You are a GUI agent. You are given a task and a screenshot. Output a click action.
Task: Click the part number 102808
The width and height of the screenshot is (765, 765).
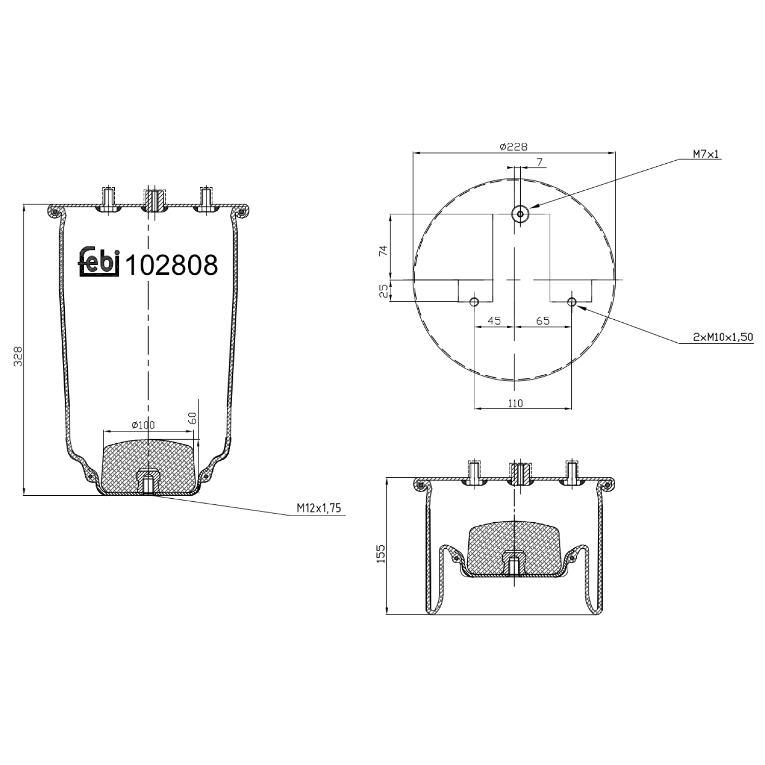click(x=171, y=265)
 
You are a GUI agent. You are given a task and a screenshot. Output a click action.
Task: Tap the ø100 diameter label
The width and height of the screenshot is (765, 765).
click(x=143, y=425)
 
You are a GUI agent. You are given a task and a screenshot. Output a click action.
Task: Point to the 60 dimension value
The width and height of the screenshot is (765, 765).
click(x=193, y=419)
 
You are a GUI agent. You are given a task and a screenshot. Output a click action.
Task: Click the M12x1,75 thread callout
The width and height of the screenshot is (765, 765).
click(x=319, y=508)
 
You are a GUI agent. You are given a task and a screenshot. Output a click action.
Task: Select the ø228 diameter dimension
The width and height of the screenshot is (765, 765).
click(x=514, y=147)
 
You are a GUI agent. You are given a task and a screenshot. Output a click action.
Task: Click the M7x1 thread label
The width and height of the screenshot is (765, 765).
click(x=706, y=154)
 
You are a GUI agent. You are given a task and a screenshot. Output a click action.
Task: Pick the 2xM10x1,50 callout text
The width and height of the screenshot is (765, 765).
click(x=723, y=337)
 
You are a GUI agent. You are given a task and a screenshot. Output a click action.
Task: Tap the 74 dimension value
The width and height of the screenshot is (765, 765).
click(x=384, y=250)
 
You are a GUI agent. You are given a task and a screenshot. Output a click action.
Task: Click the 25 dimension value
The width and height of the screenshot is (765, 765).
click(x=384, y=291)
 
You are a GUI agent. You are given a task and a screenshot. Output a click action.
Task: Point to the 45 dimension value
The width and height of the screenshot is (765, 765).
click(x=494, y=321)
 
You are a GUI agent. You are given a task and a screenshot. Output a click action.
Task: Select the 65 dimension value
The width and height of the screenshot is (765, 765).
click(x=543, y=321)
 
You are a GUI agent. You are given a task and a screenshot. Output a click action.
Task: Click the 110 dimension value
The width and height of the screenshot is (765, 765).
click(x=515, y=403)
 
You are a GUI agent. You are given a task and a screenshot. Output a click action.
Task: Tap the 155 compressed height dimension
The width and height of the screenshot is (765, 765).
click(x=381, y=553)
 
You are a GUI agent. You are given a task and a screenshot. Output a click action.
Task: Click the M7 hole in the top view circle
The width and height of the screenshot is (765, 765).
click(x=520, y=214)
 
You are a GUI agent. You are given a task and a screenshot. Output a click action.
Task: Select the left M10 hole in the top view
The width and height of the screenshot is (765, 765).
click(x=474, y=302)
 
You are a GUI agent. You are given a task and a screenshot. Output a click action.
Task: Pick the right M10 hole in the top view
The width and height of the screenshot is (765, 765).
click(x=572, y=302)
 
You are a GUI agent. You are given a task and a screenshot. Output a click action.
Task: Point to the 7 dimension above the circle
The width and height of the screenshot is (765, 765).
click(x=540, y=163)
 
